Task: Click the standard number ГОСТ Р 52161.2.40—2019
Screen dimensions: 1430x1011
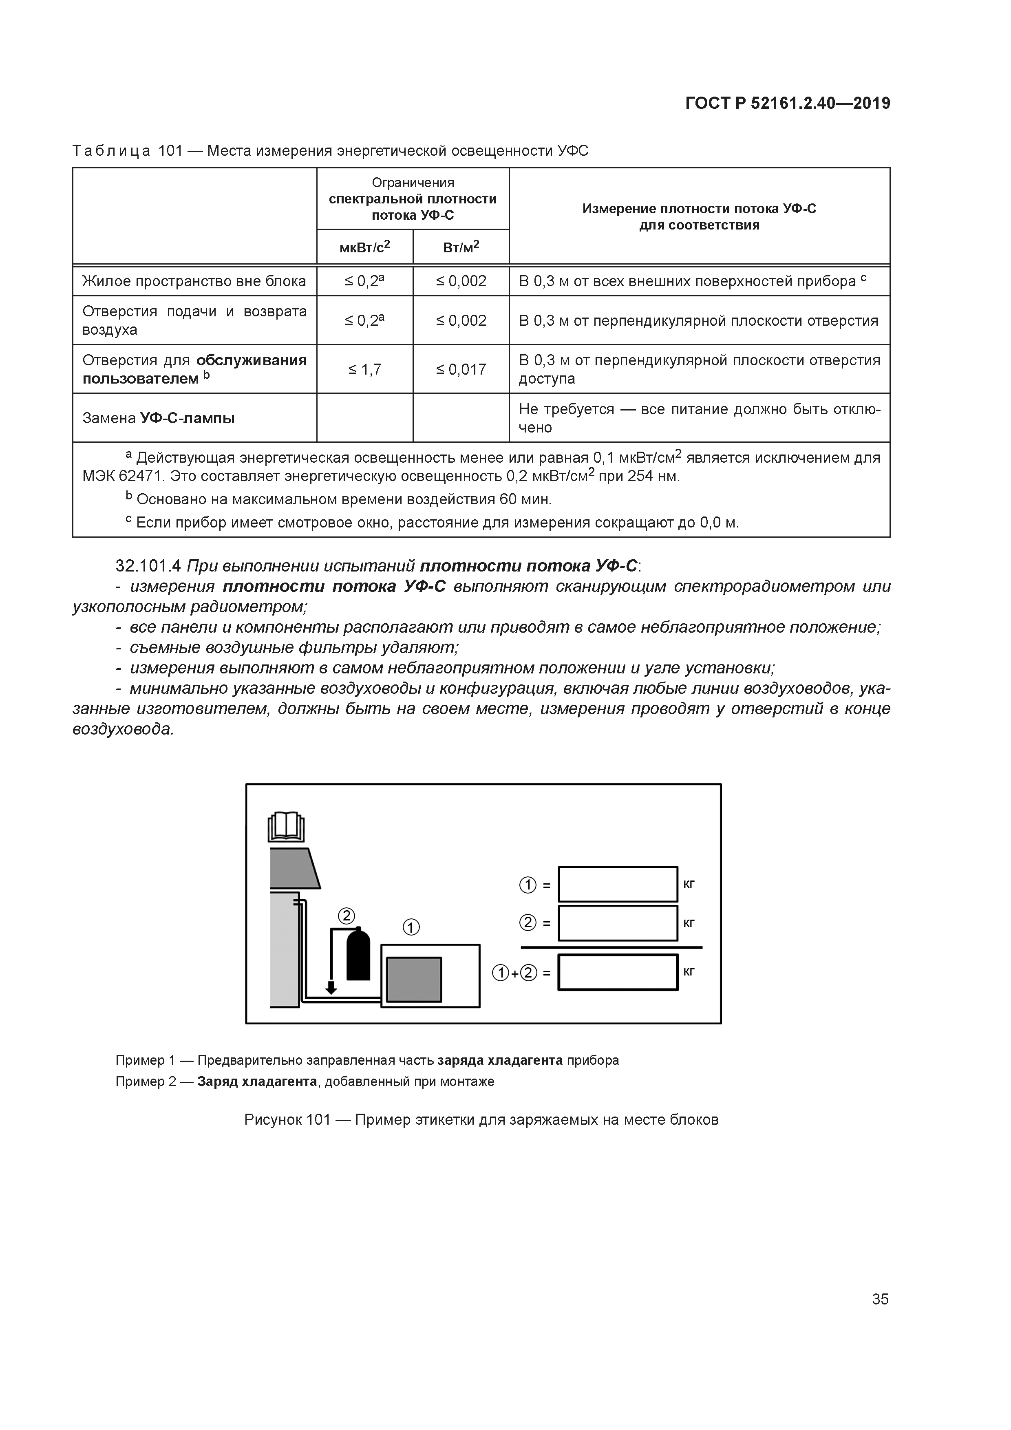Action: pos(787,104)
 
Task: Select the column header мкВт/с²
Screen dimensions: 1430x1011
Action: pos(364,247)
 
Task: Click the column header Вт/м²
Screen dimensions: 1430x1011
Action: pos(461,247)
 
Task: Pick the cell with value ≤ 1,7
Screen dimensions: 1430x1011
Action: pos(364,369)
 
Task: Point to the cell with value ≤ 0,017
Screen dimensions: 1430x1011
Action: pos(461,369)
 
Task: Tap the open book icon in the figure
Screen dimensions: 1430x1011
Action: pos(286,828)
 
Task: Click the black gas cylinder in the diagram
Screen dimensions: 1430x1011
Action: pos(358,956)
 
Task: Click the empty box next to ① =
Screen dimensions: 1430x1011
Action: pos(617,885)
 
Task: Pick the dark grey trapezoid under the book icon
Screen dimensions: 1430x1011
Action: pos(294,868)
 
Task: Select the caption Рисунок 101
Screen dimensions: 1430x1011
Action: pos(287,1120)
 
